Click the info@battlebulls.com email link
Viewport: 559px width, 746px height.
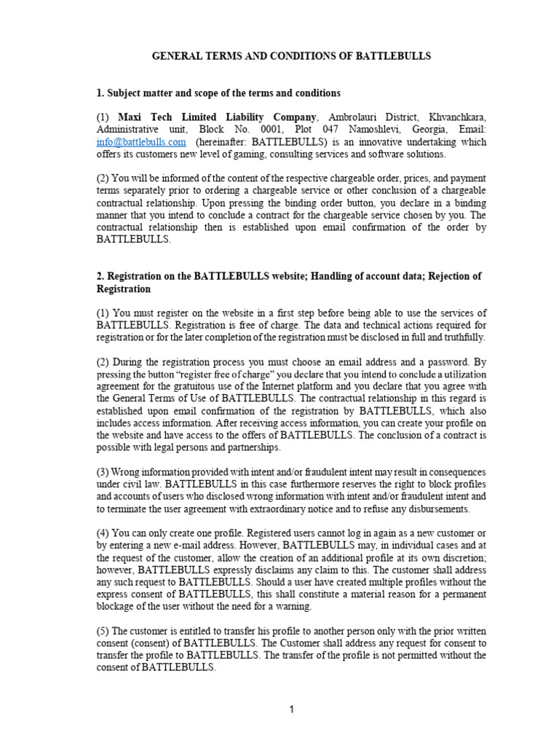coord(141,142)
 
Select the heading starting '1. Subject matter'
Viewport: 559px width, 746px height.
coord(218,93)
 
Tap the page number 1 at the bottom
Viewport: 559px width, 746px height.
coord(291,711)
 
